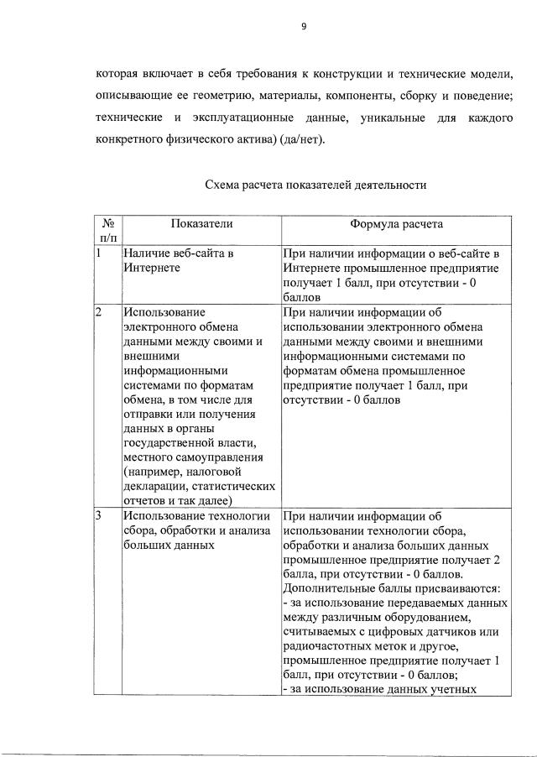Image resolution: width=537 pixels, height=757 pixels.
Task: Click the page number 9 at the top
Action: tap(305, 26)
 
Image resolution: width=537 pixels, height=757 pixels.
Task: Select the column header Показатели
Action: tap(201, 224)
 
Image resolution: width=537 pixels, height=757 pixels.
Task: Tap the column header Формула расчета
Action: tap(396, 224)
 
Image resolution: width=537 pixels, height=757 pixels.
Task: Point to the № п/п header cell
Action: tap(107, 231)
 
